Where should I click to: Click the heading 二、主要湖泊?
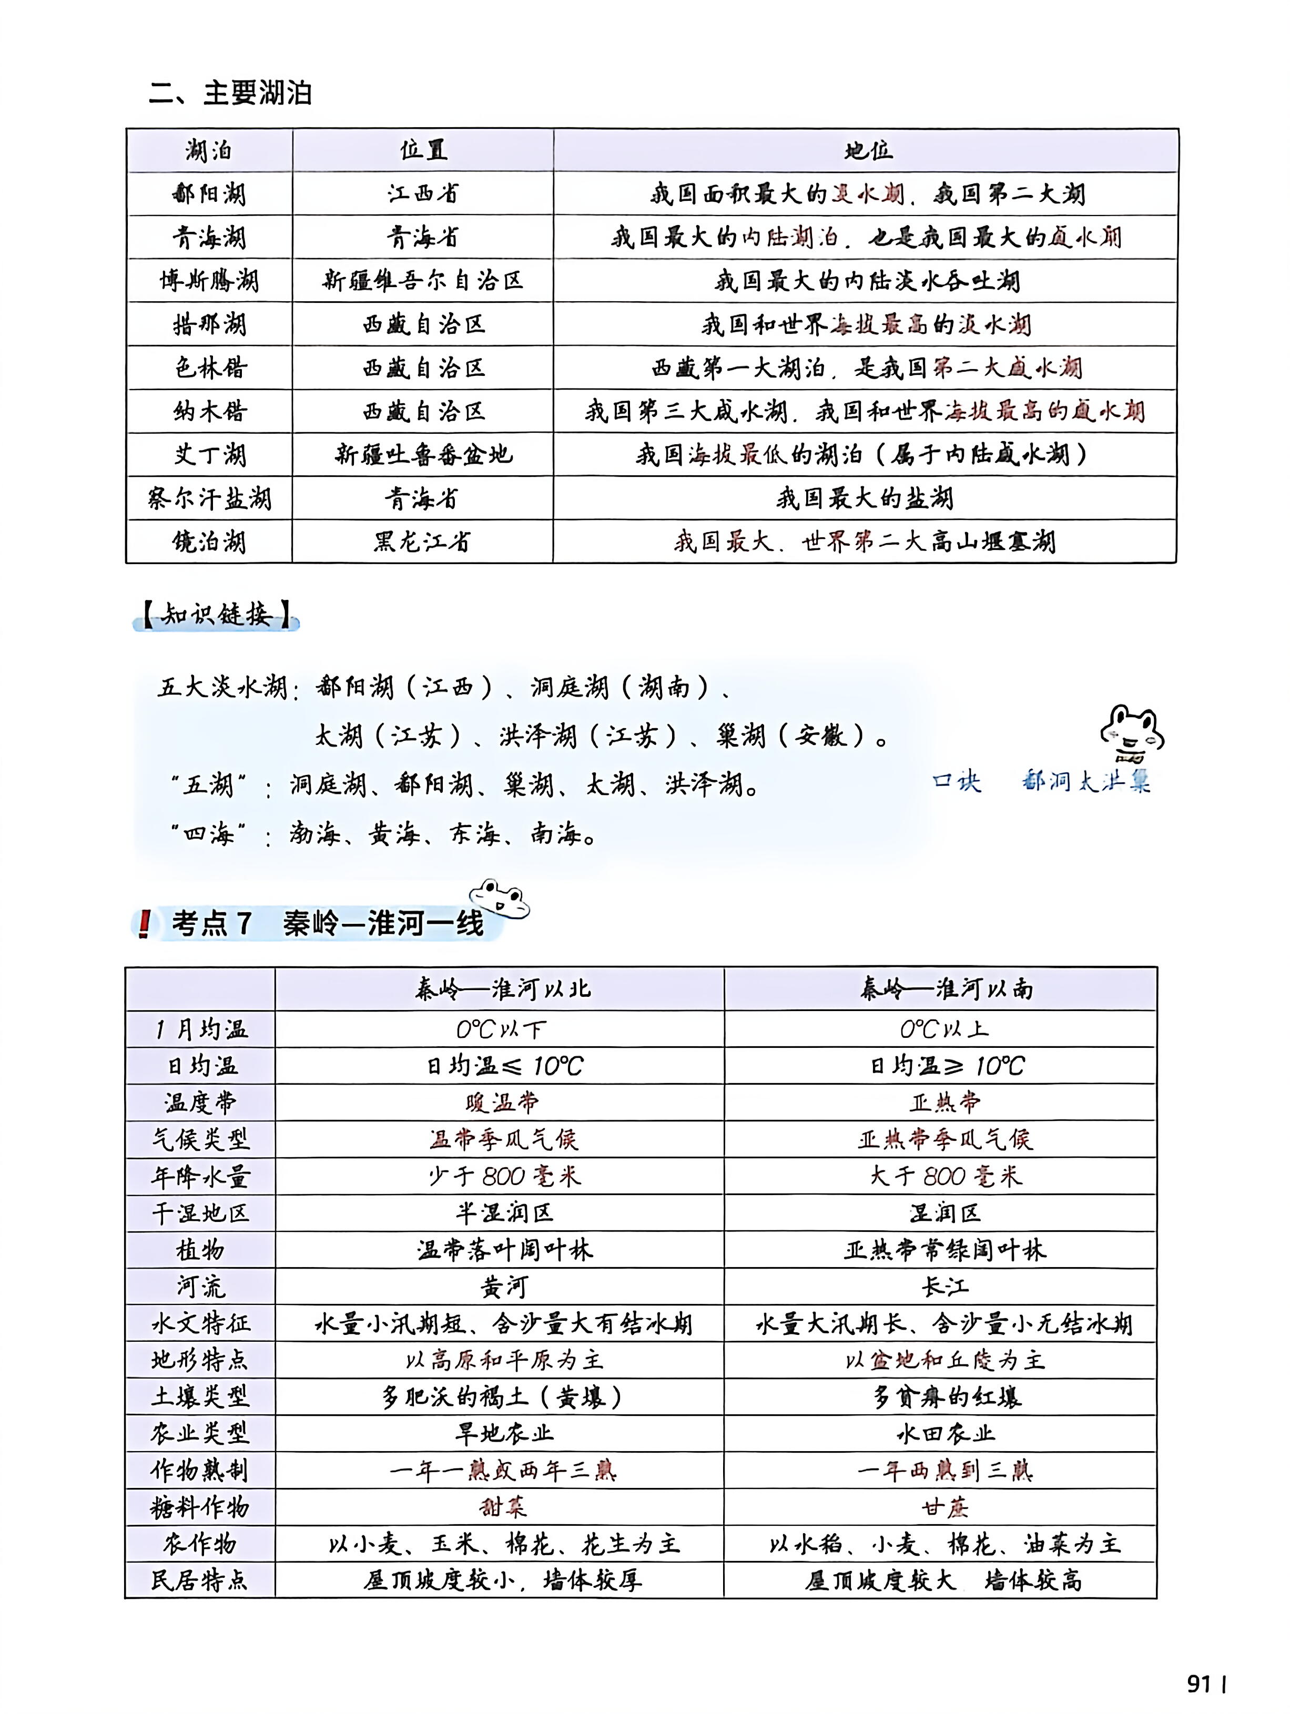[x=230, y=94]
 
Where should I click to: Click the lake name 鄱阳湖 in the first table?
[x=209, y=193]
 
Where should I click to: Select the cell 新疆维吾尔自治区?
[x=422, y=281]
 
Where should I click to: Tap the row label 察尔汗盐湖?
[x=209, y=498]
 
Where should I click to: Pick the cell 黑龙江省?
[x=422, y=542]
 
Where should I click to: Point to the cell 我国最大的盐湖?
[x=865, y=498]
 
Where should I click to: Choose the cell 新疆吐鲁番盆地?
[x=422, y=455]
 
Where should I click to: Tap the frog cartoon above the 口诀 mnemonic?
[x=1132, y=732]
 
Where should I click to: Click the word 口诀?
[x=956, y=781]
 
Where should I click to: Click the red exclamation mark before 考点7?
[x=144, y=924]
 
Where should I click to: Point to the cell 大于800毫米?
[x=945, y=1176]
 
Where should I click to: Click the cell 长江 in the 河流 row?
[x=945, y=1287]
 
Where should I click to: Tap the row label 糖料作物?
[x=200, y=1508]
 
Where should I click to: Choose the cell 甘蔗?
[x=945, y=1508]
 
